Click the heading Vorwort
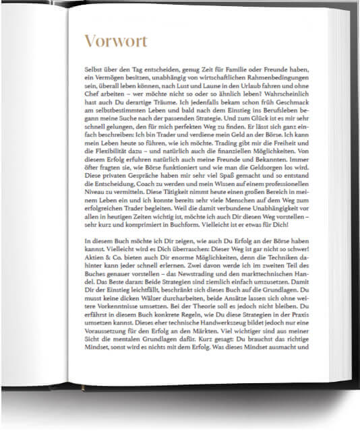[115, 41]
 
